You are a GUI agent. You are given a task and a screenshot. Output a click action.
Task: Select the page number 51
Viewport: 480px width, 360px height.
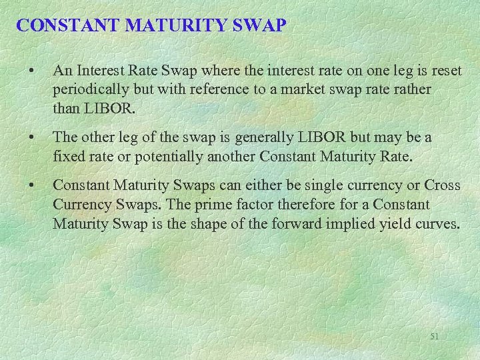[x=434, y=337]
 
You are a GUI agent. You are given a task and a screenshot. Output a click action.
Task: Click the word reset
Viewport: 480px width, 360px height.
[x=447, y=70]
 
